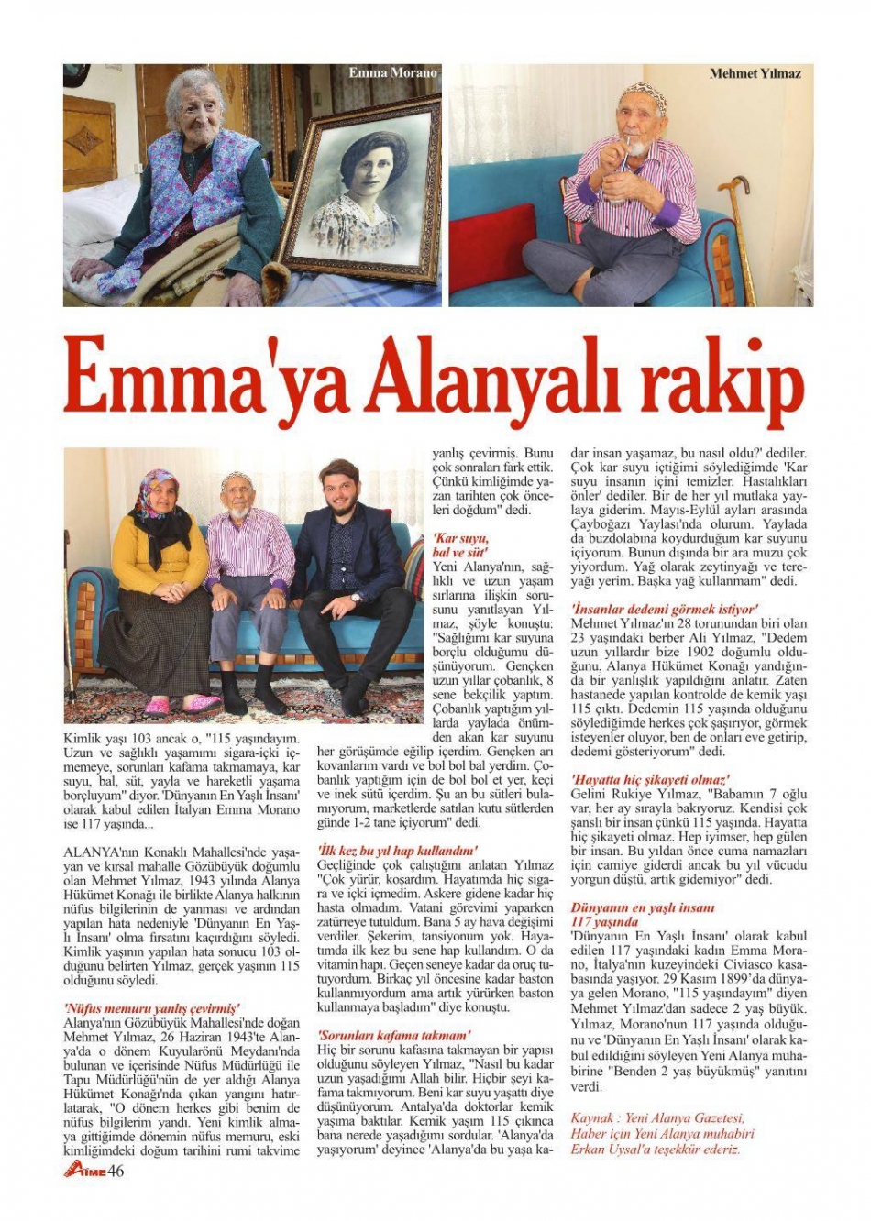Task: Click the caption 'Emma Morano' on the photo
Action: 392,72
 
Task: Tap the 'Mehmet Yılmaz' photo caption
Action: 755,73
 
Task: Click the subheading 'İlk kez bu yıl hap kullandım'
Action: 397,851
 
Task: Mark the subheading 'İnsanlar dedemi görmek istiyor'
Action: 664,608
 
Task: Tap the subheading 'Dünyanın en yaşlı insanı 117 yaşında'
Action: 642,915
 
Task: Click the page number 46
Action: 116,1170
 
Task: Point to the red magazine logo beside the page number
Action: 84,1170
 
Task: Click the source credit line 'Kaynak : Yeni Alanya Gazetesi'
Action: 656,1118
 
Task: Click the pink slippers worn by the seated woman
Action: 183,705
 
